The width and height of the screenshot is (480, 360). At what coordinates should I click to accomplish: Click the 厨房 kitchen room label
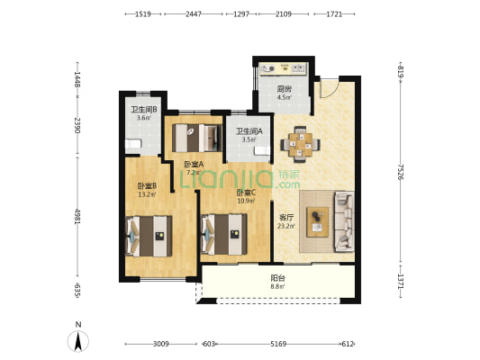point(284,89)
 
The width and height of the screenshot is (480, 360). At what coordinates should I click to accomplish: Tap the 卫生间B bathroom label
point(144,110)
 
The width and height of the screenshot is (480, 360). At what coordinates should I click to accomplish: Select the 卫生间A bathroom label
point(249,131)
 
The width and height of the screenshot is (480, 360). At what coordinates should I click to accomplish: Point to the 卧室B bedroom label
point(147,186)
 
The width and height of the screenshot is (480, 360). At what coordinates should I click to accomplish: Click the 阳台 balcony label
point(278,278)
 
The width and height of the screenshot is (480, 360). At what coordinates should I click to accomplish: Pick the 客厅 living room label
point(286,218)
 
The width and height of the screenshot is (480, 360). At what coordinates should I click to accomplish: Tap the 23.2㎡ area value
point(286,226)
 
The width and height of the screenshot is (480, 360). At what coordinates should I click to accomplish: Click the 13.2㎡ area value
point(147,194)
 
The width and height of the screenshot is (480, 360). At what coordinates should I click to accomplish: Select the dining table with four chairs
point(300,144)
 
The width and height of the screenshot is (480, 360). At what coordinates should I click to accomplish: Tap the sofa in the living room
point(344,221)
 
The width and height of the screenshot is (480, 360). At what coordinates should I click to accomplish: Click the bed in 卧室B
point(149,236)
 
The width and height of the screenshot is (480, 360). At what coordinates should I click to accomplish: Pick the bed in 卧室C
point(223,234)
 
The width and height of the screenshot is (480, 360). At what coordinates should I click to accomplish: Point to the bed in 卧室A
point(197,138)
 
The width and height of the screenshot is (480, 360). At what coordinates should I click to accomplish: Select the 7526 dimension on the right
point(400,172)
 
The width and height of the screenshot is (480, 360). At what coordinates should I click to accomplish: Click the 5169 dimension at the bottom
point(278,344)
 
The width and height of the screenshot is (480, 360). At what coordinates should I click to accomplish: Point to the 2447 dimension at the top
point(194,14)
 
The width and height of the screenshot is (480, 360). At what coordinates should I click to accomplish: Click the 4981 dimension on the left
point(77,217)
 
